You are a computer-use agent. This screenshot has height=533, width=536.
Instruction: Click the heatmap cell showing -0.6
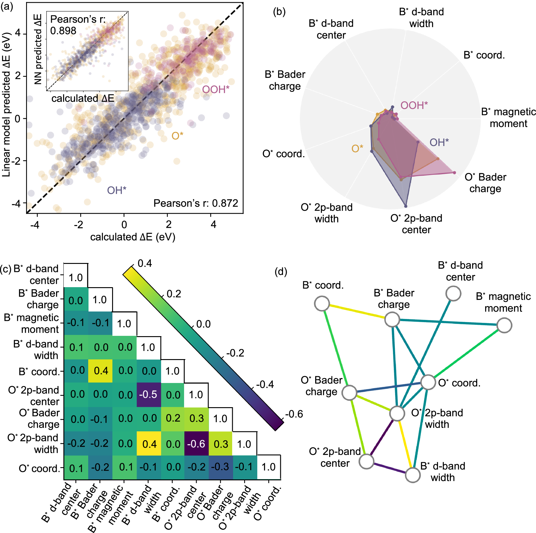point(196,444)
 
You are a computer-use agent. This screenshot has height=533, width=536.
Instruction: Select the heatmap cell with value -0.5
point(148,394)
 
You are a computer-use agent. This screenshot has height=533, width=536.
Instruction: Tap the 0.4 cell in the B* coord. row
point(101,371)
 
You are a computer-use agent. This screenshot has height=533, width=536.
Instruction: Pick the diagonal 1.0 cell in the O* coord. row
point(269,467)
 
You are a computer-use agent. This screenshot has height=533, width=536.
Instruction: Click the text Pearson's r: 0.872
point(195,203)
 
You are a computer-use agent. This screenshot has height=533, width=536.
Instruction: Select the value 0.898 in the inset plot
point(63,31)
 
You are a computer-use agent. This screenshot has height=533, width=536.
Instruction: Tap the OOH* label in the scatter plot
point(216,89)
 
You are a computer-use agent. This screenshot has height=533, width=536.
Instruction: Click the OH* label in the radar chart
point(439,142)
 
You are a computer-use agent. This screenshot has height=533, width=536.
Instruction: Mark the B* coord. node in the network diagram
point(322,304)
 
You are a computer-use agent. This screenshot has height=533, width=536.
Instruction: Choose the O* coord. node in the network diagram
point(428,382)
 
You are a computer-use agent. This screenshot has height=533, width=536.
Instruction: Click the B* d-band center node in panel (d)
point(453,294)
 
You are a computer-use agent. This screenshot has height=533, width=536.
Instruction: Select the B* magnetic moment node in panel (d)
point(504,325)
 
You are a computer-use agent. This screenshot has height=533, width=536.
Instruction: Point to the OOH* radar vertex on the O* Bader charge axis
point(454,173)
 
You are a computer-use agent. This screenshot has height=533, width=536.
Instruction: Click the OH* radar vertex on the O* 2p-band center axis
point(406,206)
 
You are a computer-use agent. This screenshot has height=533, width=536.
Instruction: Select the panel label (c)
point(6,269)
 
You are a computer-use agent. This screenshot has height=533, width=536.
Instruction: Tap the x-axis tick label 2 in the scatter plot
point(168,225)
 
